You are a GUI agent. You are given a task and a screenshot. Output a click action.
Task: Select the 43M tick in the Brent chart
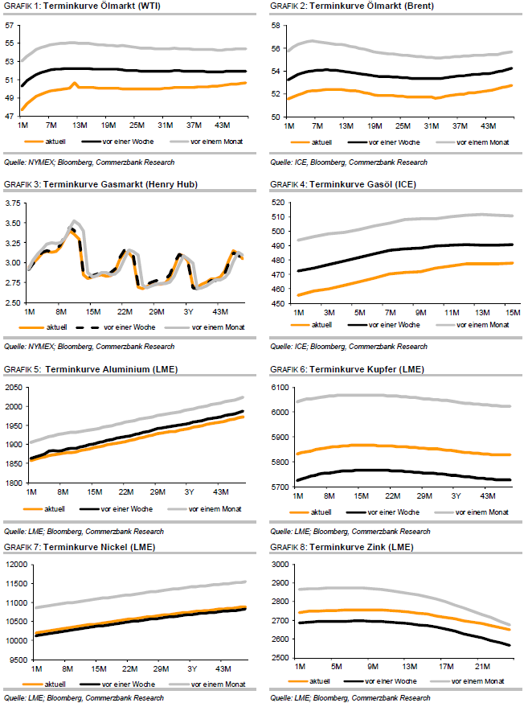488,126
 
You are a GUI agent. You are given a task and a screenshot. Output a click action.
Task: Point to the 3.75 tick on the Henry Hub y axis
12,203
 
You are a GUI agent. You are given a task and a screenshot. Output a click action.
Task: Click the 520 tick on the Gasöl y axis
278,202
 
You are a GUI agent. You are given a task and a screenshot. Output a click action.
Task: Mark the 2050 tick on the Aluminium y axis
11,387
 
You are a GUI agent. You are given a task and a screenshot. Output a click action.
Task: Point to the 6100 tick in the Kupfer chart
277,387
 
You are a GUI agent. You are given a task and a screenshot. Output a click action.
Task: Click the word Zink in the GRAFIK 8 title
383,547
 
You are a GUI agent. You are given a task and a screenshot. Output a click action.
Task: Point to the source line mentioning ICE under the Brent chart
348,161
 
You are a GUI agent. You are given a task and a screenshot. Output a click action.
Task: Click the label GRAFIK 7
20,547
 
